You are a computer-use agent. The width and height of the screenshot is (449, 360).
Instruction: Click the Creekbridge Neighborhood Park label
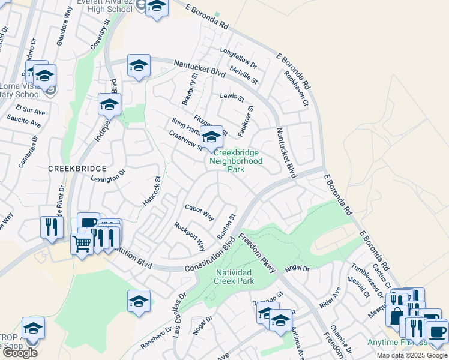(x=238, y=161)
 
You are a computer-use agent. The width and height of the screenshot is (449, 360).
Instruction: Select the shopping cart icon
(x=82, y=243)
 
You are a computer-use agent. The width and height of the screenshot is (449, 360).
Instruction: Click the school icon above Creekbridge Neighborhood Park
(x=211, y=137)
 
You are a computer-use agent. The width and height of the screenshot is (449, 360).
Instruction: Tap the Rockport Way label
(x=190, y=236)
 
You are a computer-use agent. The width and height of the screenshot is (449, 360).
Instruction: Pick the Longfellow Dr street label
(x=238, y=58)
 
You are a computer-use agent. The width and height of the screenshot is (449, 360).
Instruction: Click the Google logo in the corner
(x=19, y=353)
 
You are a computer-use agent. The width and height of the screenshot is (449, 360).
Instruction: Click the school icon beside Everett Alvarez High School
(x=157, y=7)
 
